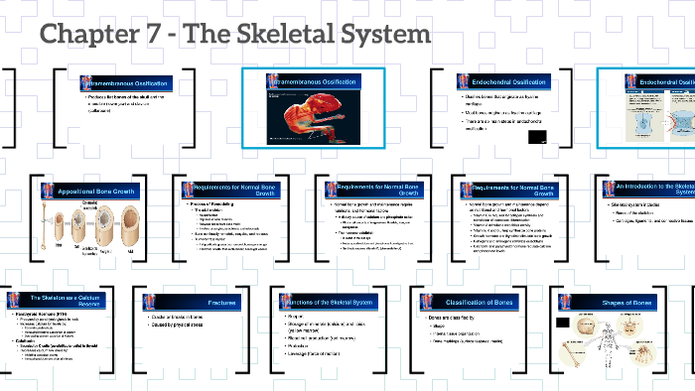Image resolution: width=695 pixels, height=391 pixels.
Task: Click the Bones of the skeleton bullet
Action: pyautogui.click(x=649, y=212)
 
